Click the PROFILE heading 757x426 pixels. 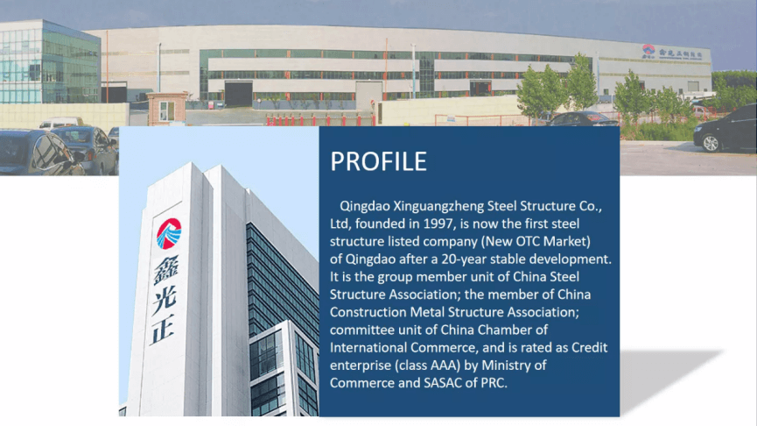click(x=378, y=161)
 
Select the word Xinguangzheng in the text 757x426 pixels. click(x=438, y=207)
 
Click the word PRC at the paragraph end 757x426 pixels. click(x=493, y=383)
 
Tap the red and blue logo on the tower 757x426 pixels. click(x=169, y=234)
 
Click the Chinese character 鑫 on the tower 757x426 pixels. click(x=166, y=271)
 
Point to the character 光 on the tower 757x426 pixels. click(x=165, y=301)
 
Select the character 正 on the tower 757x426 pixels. click(x=163, y=330)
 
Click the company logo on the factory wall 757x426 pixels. click(x=648, y=51)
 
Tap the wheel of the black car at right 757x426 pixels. click(x=710, y=144)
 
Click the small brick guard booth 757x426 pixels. click(x=167, y=109)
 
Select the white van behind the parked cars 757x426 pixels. click(x=61, y=124)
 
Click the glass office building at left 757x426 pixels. click(x=50, y=61)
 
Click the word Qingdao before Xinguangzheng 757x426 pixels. click(x=365, y=207)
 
